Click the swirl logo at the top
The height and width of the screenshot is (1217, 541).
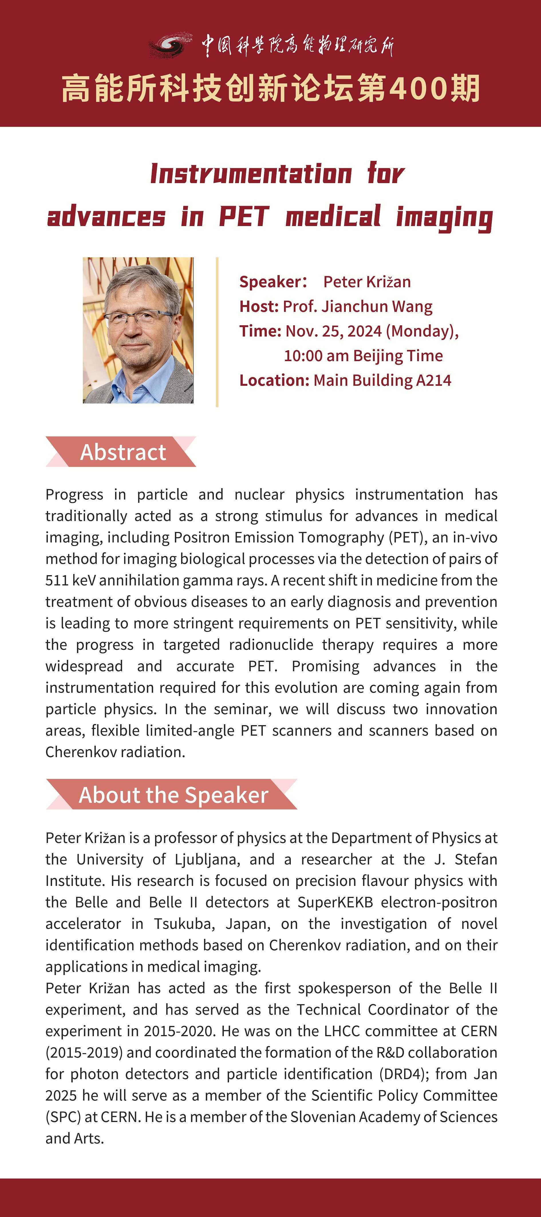click(x=170, y=45)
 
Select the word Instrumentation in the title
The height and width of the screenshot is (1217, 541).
click(x=251, y=174)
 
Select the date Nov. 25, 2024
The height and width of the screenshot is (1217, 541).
click(x=333, y=331)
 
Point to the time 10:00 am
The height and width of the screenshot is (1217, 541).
click(x=316, y=355)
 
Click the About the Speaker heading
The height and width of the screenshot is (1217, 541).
click(x=173, y=795)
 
